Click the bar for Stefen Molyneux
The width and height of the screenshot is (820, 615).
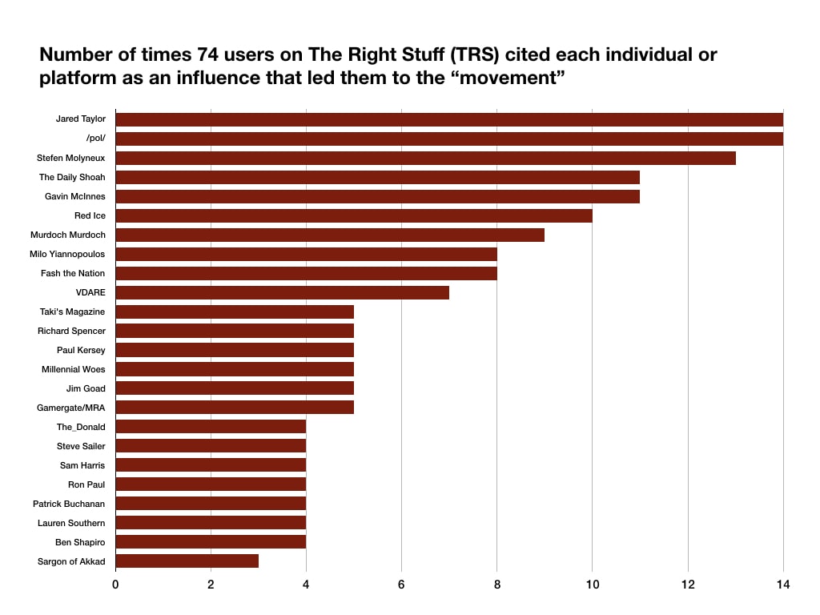pyautogui.click(x=425, y=158)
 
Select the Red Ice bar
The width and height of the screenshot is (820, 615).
pyautogui.click(x=354, y=215)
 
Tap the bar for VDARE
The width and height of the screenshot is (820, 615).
pyautogui.click(x=282, y=292)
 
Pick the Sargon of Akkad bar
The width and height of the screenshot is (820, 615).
pyautogui.click(x=187, y=561)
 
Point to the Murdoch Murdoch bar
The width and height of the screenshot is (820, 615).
pyautogui.click(x=330, y=235)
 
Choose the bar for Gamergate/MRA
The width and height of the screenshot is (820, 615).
pyautogui.click(x=235, y=408)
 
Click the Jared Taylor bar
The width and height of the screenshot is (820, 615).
pyautogui.click(x=449, y=119)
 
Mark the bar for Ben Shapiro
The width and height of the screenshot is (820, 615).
pyautogui.click(x=211, y=542)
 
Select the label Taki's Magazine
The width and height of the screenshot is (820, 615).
pyautogui.click(x=72, y=312)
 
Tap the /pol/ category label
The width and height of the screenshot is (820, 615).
pyautogui.click(x=95, y=139)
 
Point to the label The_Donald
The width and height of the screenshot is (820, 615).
pyautogui.click(x=81, y=427)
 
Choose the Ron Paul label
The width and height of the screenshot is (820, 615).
pyautogui.click(x=86, y=484)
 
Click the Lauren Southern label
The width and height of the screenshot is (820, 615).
pyautogui.click(x=71, y=523)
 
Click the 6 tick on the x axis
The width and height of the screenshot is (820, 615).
pyautogui.click(x=401, y=585)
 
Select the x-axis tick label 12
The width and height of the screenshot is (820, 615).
pyautogui.click(x=688, y=585)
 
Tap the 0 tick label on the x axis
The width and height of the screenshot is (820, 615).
pyautogui.click(x=115, y=585)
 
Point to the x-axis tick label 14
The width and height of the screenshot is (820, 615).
pyautogui.click(x=783, y=585)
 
